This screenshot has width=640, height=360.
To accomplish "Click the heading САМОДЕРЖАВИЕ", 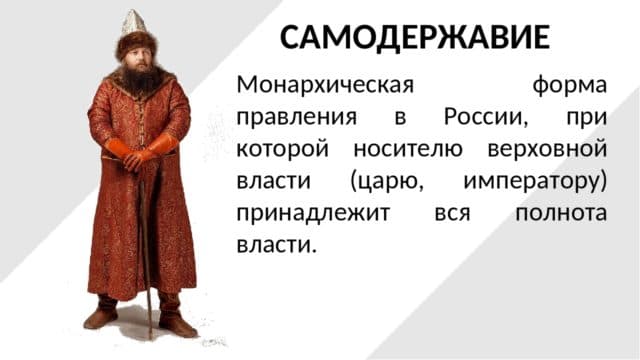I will pyautogui.click(x=415, y=37).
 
